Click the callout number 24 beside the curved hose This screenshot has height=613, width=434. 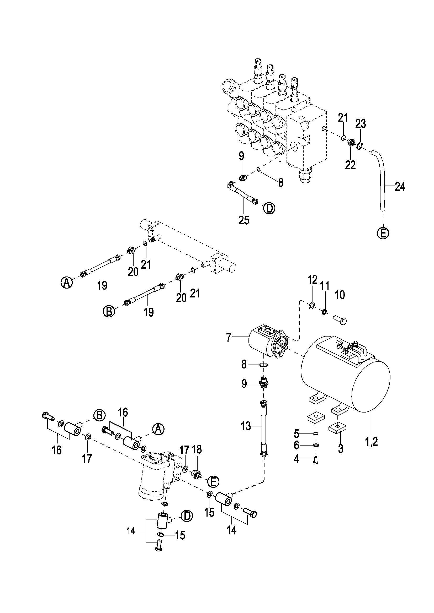pyautogui.click(x=400, y=187)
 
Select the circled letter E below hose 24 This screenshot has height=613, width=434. pyautogui.click(x=383, y=233)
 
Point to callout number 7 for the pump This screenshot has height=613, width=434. pyautogui.click(x=229, y=338)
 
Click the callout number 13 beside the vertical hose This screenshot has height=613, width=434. pyautogui.click(x=246, y=426)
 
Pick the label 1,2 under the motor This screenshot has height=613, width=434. pyautogui.click(x=372, y=442)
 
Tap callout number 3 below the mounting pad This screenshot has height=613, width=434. pyautogui.click(x=341, y=448)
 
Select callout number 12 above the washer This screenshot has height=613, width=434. pyautogui.click(x=312, y=280)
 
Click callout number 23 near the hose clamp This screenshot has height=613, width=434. pyautogui.click(x=361, y=124)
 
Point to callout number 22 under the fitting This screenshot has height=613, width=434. pyautogui.click(x=350, y=165)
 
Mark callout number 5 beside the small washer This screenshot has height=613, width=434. pyautogui.click(x=296, y=434)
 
